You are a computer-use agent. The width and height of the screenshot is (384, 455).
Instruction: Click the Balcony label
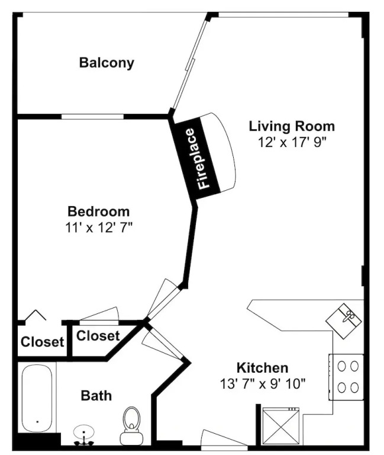coord(107,63)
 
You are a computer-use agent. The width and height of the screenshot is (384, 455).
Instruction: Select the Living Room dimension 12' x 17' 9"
coord(292,142)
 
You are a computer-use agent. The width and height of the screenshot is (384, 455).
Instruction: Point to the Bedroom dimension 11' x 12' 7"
coord(99,227)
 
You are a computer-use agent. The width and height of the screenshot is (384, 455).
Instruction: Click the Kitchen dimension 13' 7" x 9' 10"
coord(263,384)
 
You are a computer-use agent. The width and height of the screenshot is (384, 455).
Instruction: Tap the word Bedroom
coord(99,212)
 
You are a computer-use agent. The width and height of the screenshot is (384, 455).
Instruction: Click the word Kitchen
coord(263,368)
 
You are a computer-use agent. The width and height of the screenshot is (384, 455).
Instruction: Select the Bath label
coord(96,396)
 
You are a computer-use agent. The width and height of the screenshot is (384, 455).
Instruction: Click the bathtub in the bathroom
coord(37,399)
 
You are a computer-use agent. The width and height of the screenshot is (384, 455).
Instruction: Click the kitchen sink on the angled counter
coord(344,321)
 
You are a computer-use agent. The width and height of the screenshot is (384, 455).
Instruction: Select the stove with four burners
coord(346,377)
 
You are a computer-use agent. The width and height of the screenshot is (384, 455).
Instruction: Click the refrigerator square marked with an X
coord(281,426)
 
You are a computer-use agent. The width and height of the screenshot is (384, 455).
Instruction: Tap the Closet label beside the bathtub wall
coord(43,342)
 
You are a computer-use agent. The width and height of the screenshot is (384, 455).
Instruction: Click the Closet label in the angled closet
coord(98,336)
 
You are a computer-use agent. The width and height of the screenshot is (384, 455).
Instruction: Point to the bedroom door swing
coord(162,299)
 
